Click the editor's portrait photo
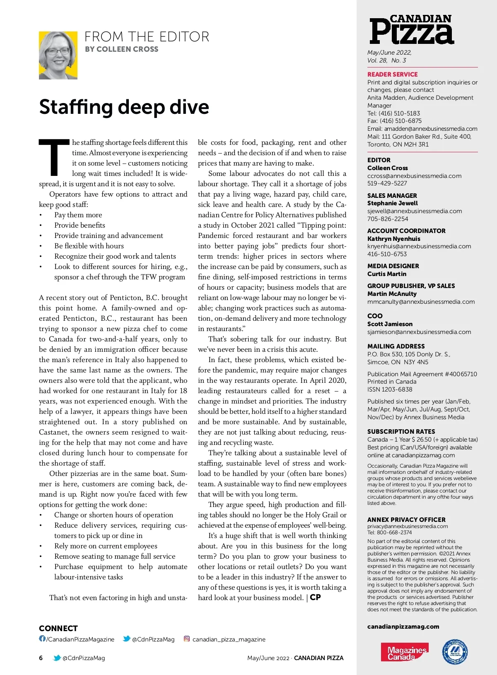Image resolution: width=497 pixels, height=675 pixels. pos(58,55)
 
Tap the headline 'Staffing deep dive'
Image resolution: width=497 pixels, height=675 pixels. pos(124,107)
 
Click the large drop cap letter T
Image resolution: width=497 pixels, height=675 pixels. pos(54,158)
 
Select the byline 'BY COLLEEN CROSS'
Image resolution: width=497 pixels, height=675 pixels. pos(121,49)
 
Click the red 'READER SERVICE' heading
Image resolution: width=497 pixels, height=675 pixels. pos(392,74)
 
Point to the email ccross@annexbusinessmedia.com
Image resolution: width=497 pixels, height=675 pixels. pos(414,176)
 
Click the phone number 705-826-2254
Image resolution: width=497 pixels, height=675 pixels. pos(388,219)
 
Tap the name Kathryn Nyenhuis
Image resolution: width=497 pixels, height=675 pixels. pos(393,239)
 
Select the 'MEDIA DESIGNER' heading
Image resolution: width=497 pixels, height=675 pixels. pos(393,266)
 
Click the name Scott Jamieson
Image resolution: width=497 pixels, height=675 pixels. pos(390,324)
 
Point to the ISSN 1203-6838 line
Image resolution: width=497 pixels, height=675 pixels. pos(390,389)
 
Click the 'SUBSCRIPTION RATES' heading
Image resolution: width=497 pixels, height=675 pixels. pos(401,432)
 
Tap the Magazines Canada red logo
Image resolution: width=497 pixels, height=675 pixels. pos(404,652)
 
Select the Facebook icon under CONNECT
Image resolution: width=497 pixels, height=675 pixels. pos(42,639)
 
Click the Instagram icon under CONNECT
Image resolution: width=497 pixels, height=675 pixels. pos(187,639)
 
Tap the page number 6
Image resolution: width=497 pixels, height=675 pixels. pos(41,658)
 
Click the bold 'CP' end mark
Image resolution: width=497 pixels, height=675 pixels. pos(315,598)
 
